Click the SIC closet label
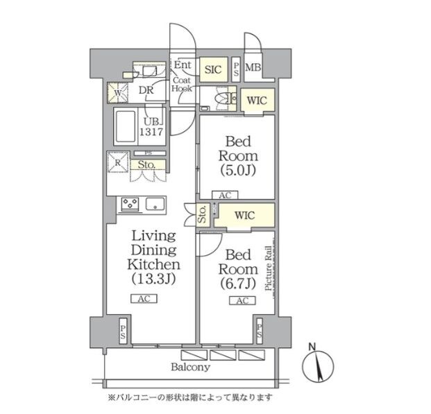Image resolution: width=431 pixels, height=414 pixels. (x=212, y=69)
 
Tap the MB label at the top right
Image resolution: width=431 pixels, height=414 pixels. (x=253, y=68)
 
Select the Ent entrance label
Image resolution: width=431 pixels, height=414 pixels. (x=182, y=66)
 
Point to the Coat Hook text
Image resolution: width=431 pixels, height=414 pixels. (x=182, y=85)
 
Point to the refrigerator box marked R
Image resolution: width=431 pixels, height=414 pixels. (x=117, y=164)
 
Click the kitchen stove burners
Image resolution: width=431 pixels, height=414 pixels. (x=130, y=203)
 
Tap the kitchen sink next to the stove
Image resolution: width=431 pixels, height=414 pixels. (x=155, y=203)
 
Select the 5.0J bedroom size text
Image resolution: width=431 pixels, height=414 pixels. (x=238, y=169)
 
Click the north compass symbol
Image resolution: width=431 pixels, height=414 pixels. (x=316, y=364)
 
